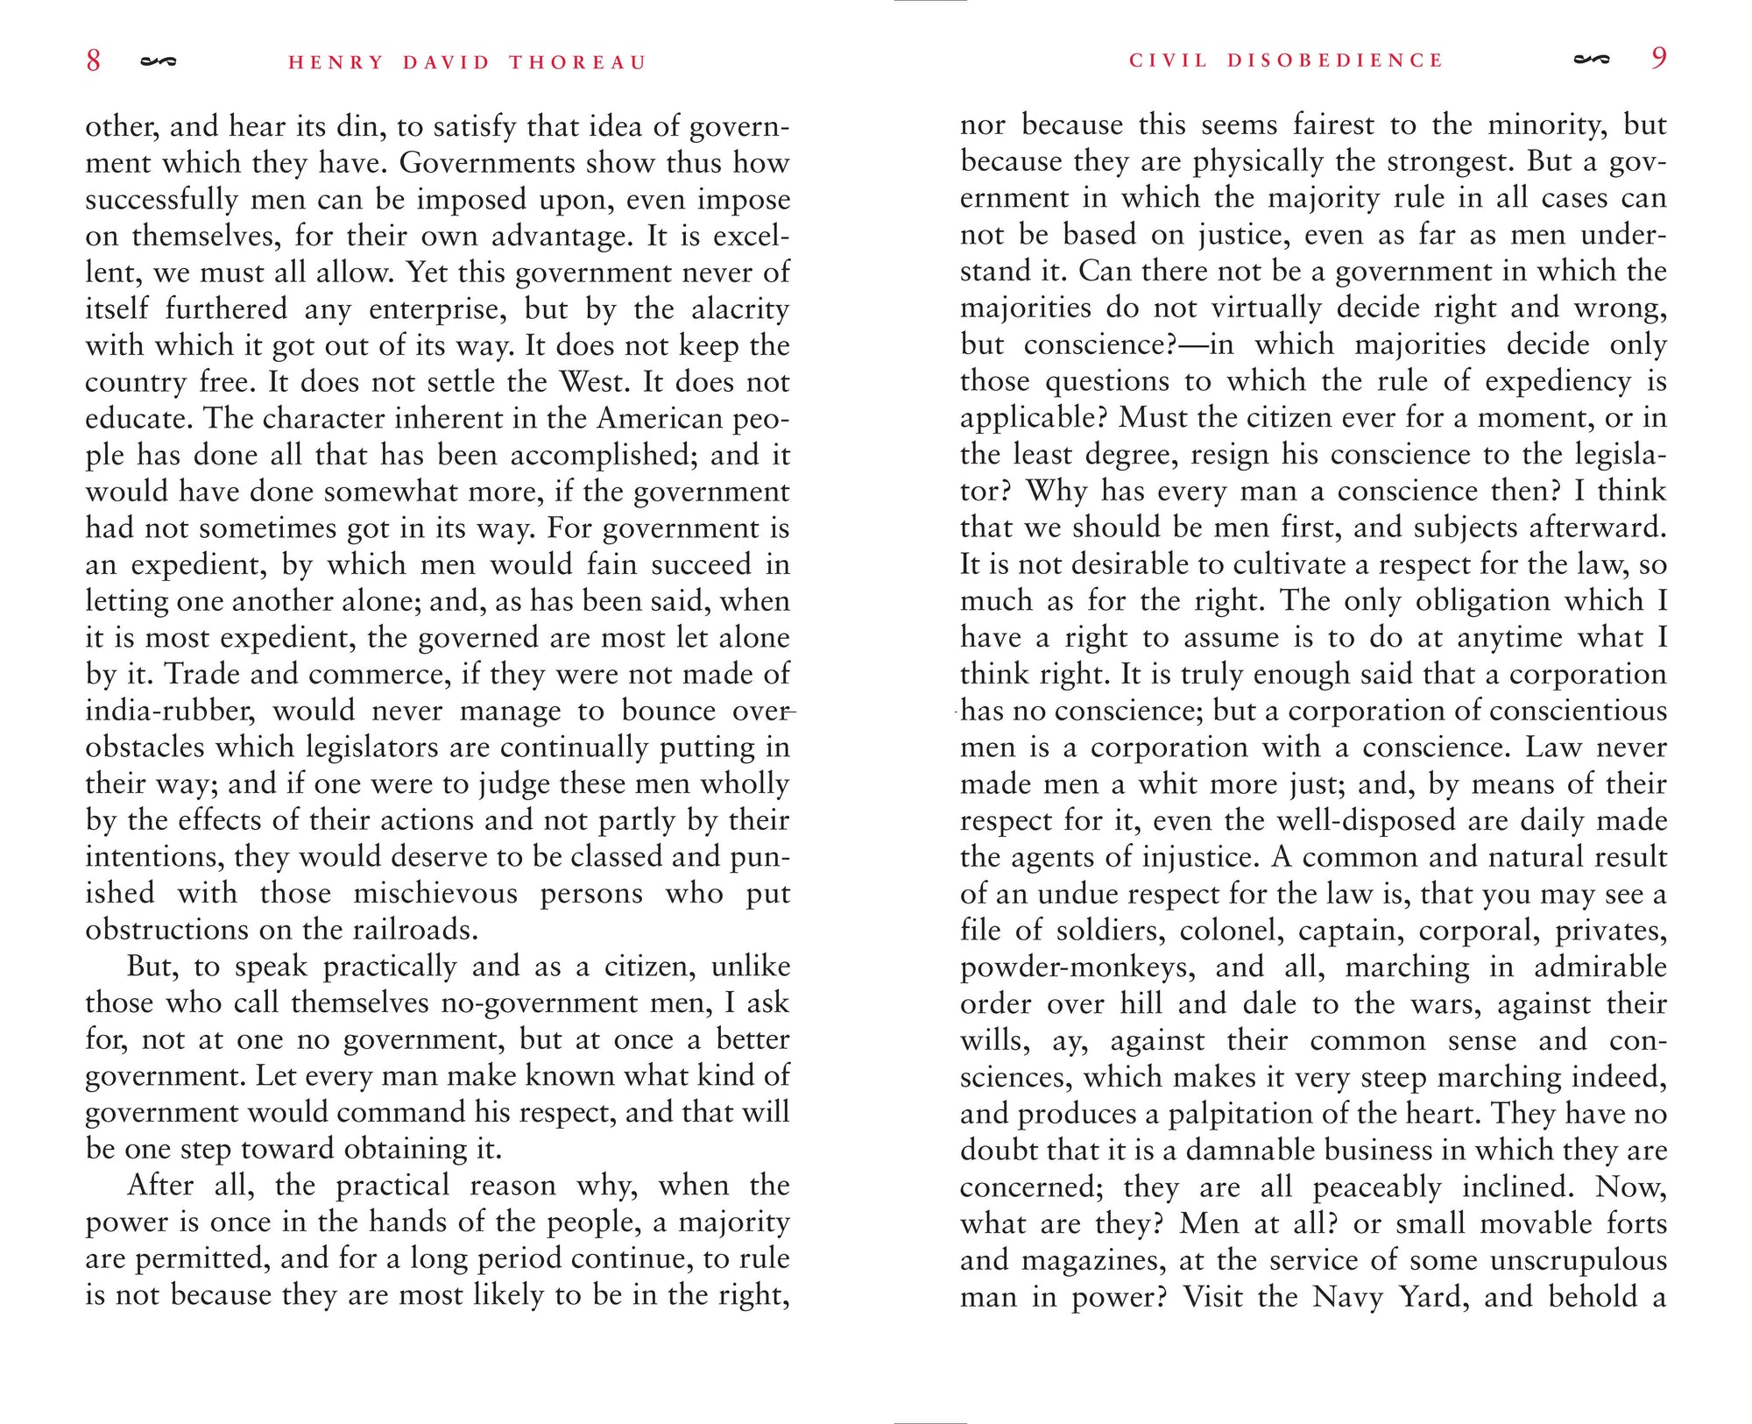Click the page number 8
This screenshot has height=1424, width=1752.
pyautogui.click(x=94, y=60)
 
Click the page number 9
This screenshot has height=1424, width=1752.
pyautogui.click(x=1658, y=59)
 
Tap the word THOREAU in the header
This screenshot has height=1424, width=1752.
pyautogui.click(x=577, y=63)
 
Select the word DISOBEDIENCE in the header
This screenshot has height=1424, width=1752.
pyautogui.click(x=1334, y=60)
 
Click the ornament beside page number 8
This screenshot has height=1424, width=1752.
pyautogui.click(x=159, y=61)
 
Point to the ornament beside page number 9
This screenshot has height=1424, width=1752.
pyautogui.click(x=1591, y=60)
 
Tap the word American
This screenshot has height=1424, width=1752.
pyautogui.click(x=660, y=419)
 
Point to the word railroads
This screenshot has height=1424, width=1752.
pyautogui.click(x=415, y=930)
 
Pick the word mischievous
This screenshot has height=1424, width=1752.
pyautogui.click(x=435, y=894)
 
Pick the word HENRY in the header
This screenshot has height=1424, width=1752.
pyautogui.click(x=336, y=63)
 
